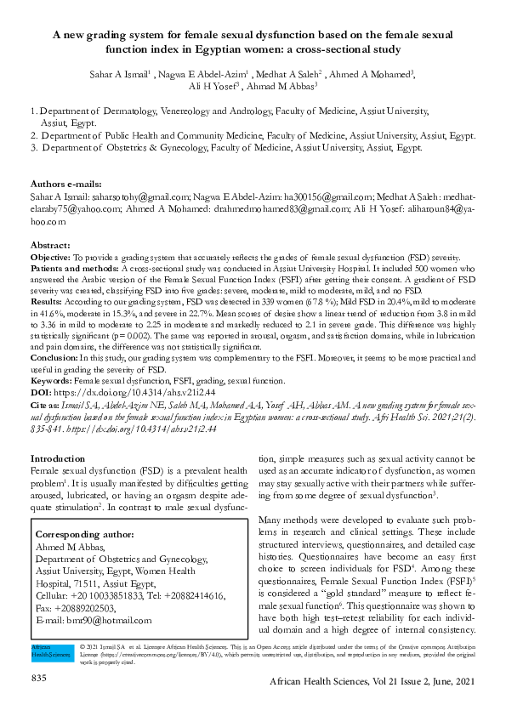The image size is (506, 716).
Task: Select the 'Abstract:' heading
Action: [x=50, y=244]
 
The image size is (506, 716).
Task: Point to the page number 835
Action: [x=38, y=677]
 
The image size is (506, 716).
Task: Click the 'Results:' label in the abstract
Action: [x=47, y=301]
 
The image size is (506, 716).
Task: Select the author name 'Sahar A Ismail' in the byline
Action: [x=119, y=73]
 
